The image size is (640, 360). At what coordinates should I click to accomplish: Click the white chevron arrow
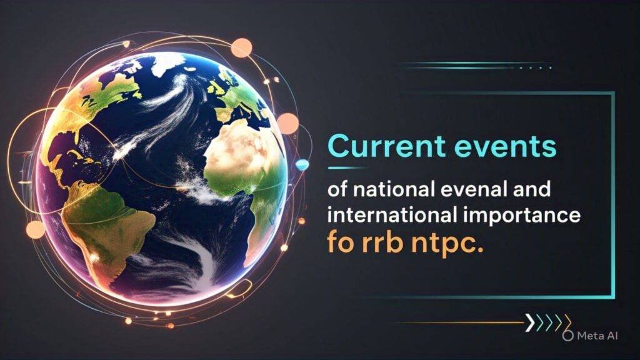coord(530,322)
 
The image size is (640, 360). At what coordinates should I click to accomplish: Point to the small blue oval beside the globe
coord(302,164)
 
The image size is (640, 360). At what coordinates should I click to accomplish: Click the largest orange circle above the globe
coord(241,48)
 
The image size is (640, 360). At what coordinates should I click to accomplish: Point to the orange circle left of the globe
coord(36,229)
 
